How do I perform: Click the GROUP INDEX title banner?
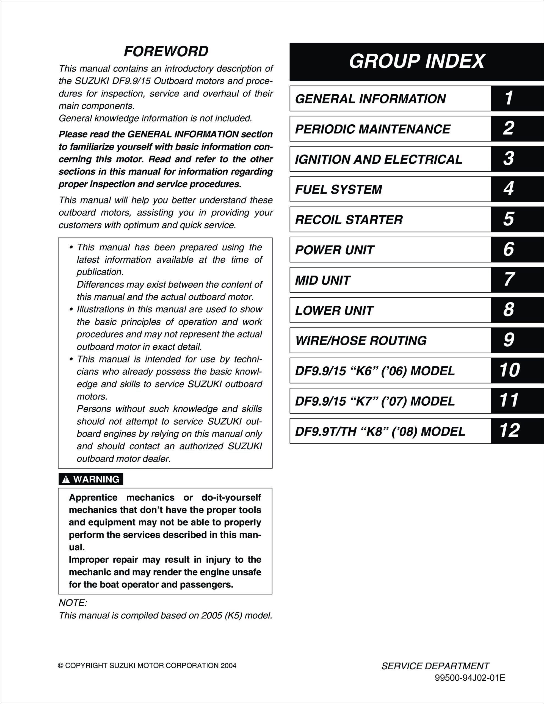[416, 61]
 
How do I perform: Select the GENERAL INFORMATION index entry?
[370, 99]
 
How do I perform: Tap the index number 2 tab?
[509, 128]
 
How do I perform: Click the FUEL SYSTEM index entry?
[338, 189]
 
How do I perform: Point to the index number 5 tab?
[509, 219]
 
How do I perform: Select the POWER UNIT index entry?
[335, 250]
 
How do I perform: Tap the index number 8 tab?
[509, 310]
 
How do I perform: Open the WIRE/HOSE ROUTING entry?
[361, 341]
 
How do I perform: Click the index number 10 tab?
[509, 370]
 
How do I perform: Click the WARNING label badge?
[91, 479]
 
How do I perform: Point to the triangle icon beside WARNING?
[66, 480]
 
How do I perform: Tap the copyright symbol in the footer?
[60, 665]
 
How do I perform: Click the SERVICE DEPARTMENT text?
[435, 666]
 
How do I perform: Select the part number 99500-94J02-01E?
[470, 678]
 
